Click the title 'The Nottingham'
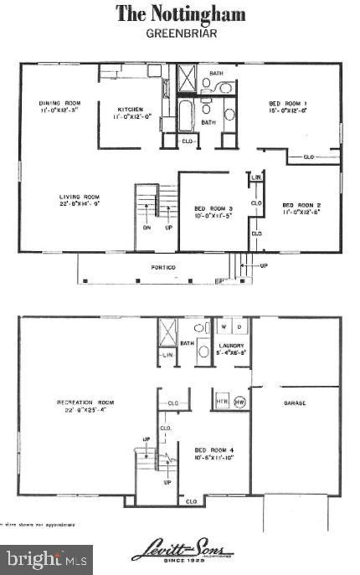pos(179,13)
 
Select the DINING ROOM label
pos(58,105)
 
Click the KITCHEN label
pos(129,110)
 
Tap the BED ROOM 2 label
pos(301,205)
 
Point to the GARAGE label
pos(294,403)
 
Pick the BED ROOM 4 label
pos(214,450)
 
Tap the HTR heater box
pos(221,399)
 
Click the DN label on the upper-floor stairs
pos(147,227)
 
